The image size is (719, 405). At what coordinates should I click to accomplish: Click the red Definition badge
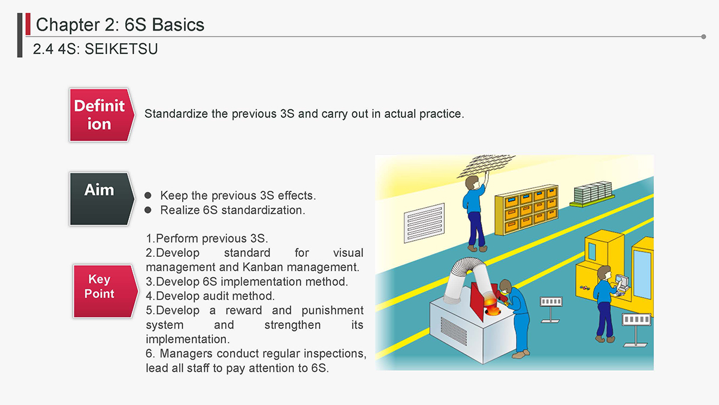click(102, 115)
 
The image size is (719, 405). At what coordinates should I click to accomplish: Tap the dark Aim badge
click(102, 199)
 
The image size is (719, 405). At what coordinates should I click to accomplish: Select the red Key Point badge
click(105, 292)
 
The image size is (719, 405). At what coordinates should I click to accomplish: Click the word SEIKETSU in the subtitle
click(121, 49)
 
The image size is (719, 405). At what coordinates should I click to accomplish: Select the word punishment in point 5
click(332, 311)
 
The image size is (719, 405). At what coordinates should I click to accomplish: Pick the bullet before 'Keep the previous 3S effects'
click(148, 195)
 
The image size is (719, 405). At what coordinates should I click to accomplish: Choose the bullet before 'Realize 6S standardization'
click(148, 210)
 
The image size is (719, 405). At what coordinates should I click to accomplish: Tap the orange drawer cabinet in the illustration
click(527, 209)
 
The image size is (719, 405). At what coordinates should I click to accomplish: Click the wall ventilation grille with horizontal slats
click(424, 223)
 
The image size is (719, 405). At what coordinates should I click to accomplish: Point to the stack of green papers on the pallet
click(593, 194)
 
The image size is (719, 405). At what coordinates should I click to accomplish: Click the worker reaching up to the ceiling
click(476, 212)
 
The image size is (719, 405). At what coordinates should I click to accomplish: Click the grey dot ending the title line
click(703, 37)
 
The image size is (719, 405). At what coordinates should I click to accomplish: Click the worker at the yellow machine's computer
click(605, 304)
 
